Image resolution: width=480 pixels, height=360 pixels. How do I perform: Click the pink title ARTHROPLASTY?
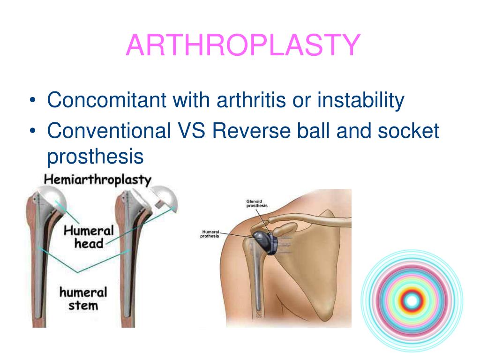point(243,45)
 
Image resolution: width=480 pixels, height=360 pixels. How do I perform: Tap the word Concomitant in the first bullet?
point(106,100)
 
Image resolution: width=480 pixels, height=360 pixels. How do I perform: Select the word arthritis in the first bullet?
point(251,100)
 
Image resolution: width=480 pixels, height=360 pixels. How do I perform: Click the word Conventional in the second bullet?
point(109,131)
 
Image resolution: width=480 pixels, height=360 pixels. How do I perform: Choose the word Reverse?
point(251,131)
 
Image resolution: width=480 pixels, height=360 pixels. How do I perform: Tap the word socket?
point(408,131)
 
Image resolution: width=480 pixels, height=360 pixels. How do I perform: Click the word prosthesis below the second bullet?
point(95,157)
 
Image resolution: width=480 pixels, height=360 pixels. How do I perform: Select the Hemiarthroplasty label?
point(97,180)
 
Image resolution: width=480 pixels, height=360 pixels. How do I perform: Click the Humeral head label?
point(89,237)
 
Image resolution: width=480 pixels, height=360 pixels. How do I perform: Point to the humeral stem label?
point(83,299)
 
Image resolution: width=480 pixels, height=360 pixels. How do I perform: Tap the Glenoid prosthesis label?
point(257,203)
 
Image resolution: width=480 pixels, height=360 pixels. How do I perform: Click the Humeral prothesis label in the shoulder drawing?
point(210,234)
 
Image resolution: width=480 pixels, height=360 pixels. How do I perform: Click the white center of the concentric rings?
point(412,301)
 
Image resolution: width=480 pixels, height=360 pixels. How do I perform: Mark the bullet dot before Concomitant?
point(33,100)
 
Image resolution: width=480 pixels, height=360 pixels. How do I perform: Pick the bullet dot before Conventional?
point(33,131)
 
